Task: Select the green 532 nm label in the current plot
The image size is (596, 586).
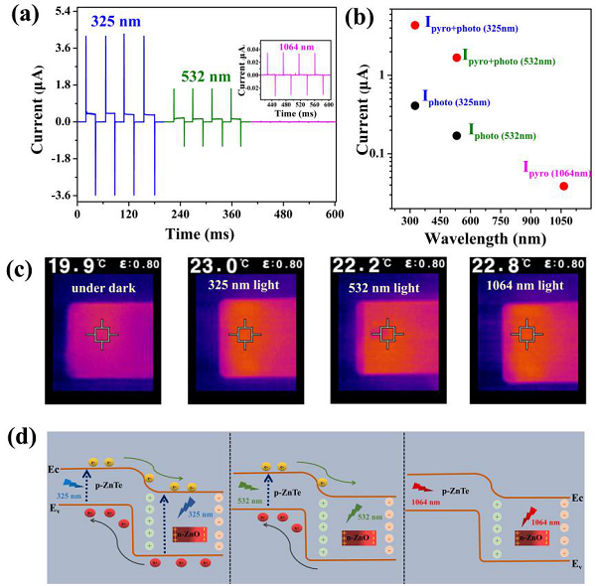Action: pyautogui.click(x=207, y=74)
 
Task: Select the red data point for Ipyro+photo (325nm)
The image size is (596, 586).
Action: pyautogui.click(x=415, y=25)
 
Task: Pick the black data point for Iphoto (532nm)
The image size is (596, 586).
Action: pyautogui.click(x=456, y=135)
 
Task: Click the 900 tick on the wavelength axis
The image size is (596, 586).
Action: pyautogui.click(x=533, y=216)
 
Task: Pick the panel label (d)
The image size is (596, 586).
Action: pyautogui.click(x=21, y=436)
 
